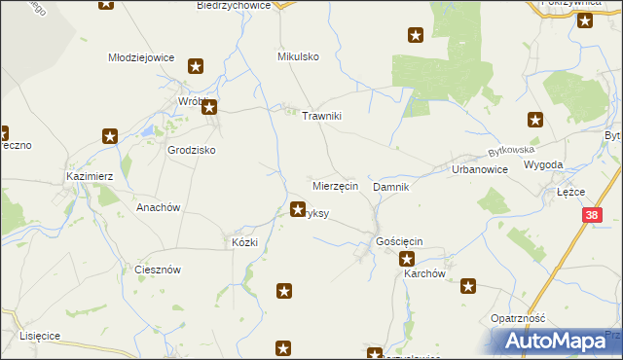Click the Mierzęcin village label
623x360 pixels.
(x=336, y=185)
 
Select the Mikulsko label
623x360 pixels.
(x=298, y=57)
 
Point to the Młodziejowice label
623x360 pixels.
(x=141, y=57)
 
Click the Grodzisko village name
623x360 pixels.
(x=191, y=151)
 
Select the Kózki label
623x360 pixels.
(x=243, y=242)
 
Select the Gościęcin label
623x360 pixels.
(x=398, y=240)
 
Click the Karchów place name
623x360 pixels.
(x=424, y=274)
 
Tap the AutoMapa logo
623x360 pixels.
(x=558, y=342)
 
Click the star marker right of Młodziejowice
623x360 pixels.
(x=196, y=66)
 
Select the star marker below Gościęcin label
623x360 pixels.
(x=407, y=259)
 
